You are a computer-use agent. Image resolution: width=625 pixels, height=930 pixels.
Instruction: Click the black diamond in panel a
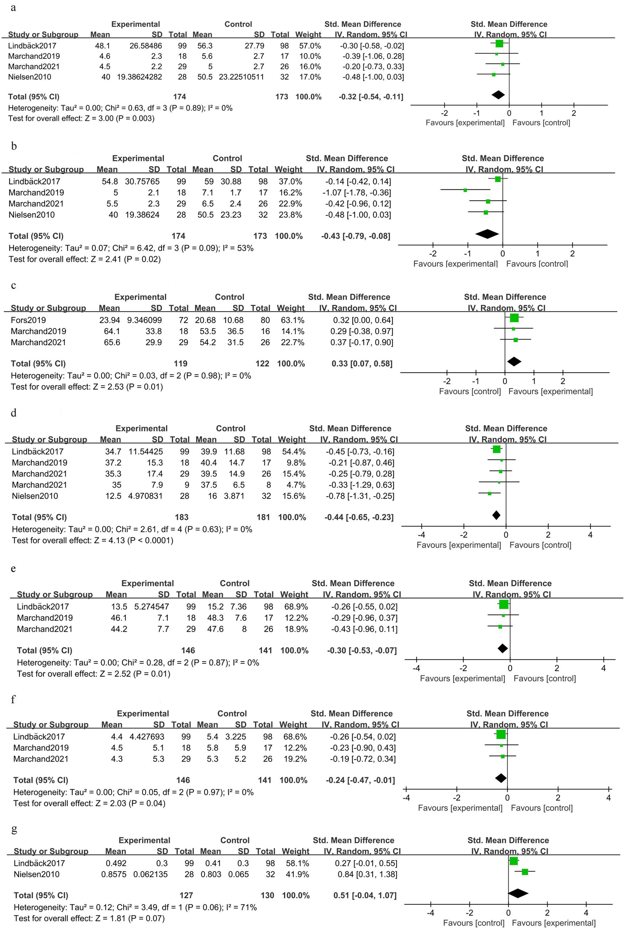click(498, 95)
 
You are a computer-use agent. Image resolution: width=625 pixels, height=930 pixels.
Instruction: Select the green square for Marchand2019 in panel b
click(465, 190)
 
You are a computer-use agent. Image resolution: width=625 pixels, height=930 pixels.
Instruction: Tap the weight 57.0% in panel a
click(310, 46)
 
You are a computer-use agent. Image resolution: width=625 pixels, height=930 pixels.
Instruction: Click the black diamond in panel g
click(518, 893)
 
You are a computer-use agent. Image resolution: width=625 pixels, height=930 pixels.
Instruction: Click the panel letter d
click(14, 413)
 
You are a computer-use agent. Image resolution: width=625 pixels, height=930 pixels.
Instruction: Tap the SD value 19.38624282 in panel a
click(140, 77)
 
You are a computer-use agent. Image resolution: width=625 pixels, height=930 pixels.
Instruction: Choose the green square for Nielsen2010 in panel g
click(525, 872)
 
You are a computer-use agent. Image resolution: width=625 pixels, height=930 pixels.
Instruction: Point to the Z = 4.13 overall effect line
click(93, 540)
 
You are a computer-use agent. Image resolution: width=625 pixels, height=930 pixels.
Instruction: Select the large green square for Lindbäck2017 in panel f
click(501, 734)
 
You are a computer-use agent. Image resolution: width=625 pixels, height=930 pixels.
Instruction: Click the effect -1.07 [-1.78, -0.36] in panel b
click(357, 192)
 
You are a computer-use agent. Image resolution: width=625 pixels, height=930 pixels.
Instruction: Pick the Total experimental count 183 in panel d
click(182, 517)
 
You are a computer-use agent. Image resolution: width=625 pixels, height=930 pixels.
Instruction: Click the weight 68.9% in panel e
click(294, 606)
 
